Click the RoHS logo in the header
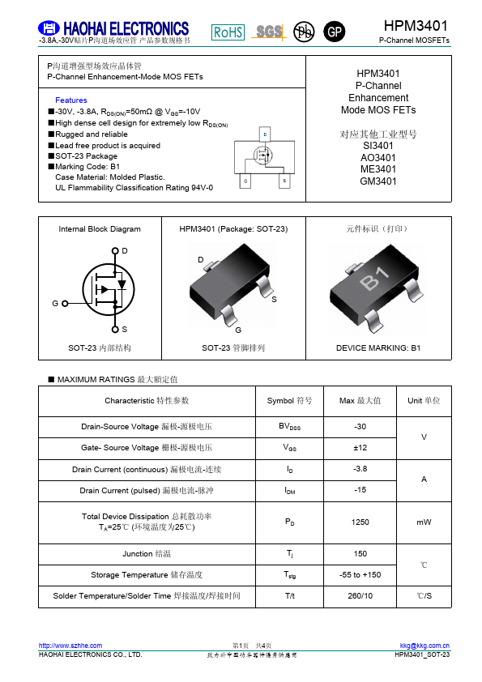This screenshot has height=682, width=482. pyautogui.click(x=228, y=32)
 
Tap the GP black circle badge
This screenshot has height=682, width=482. pyautogui.click(x=334, y=32)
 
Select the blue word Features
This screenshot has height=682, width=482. pyautogui.click(x=71, y=100)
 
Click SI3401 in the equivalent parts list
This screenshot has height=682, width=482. pyautogui.click(x=378, y=146)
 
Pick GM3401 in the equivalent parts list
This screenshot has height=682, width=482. pyautogui.click(x=378, y=181)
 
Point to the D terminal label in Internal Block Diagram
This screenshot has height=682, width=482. pyautogui.click(x=124, y=251)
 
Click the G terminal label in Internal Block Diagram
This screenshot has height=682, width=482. pyautogui.click(x=55, y=303)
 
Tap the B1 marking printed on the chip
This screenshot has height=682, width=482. pyautogui.click(x=374, y=282)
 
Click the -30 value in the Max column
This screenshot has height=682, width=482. pyautogui.click(x=360, y=426)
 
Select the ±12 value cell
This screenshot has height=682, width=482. pyautogui.click(x=360, y=447)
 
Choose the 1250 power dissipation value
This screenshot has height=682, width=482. pyautogui.click(x=360, y=522)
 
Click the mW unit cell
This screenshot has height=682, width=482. pyautogui.click(x=424, y=522)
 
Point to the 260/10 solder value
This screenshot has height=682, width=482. pyautogui.click(x=360, y=596)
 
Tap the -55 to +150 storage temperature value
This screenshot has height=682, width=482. pyautogui.click(x=360, y=575)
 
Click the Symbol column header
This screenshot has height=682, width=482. pyautogui.click(x=289, y=400)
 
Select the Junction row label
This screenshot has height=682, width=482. pyautogui.click(x=147, y=553)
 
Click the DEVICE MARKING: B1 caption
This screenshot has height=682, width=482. pyautogui.click(x=378, y=347)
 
